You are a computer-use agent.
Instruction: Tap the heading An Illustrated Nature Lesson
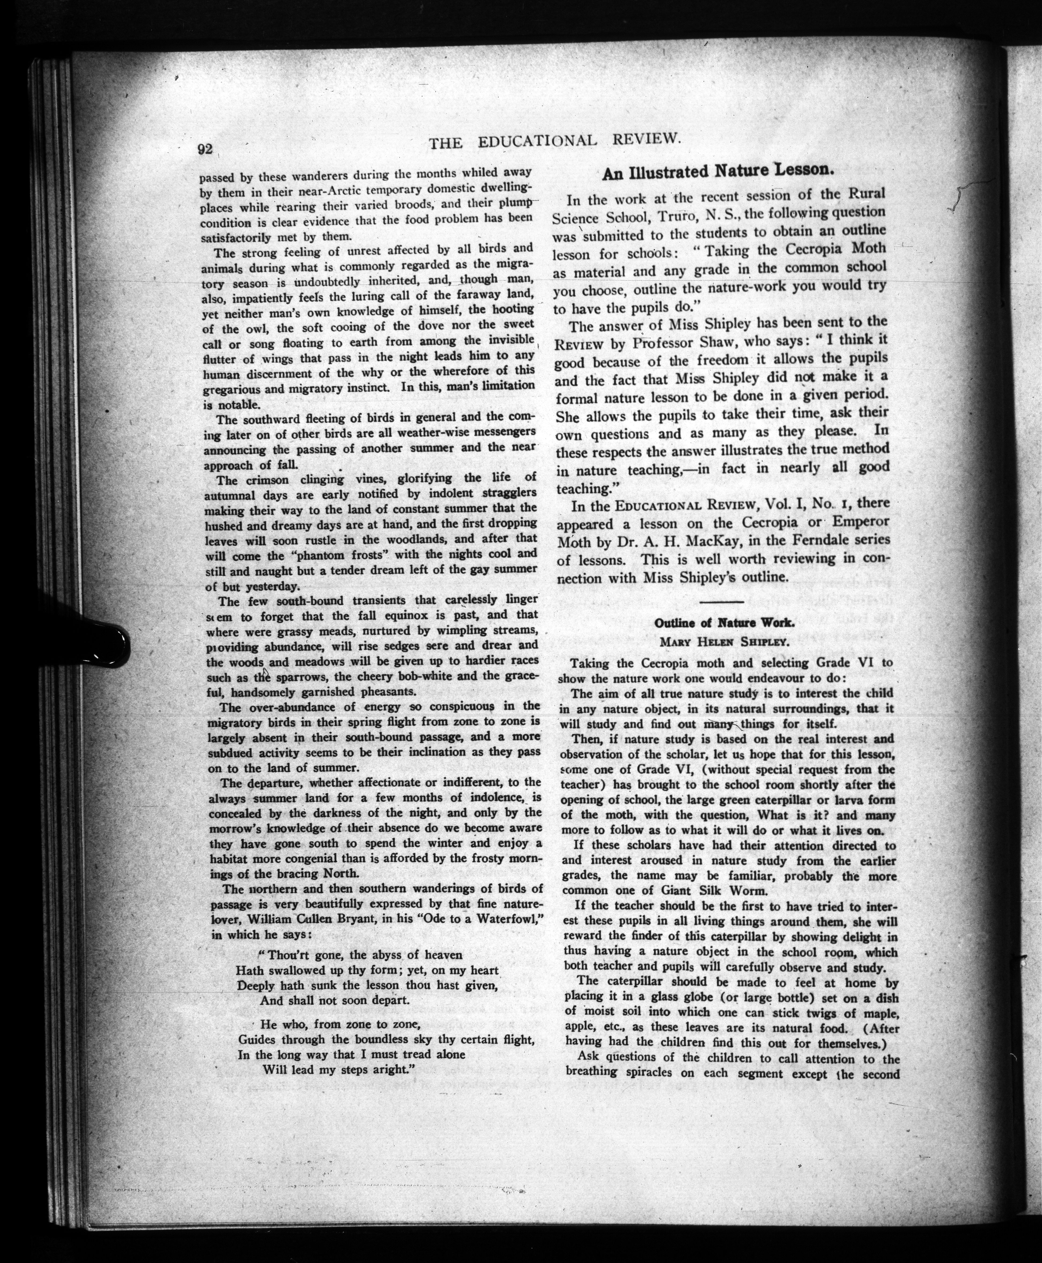718,172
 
